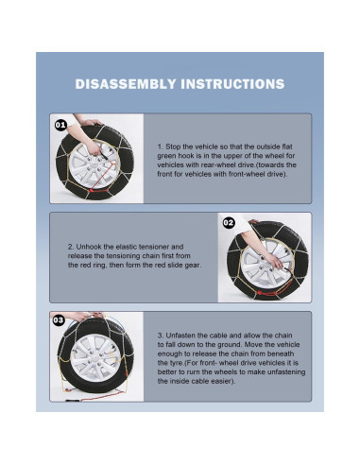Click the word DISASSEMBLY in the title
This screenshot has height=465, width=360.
(x=126, y=84)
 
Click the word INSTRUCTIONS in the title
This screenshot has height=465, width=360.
(x=232, y=84)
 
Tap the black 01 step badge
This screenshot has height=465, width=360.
(x=60, y=125)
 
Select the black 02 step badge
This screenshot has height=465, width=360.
(x=229, y=223)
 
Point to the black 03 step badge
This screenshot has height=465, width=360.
(x=59, y=320)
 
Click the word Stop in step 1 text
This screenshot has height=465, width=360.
(x=173, y=146)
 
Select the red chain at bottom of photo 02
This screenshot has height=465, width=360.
(x=271, y=293)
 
